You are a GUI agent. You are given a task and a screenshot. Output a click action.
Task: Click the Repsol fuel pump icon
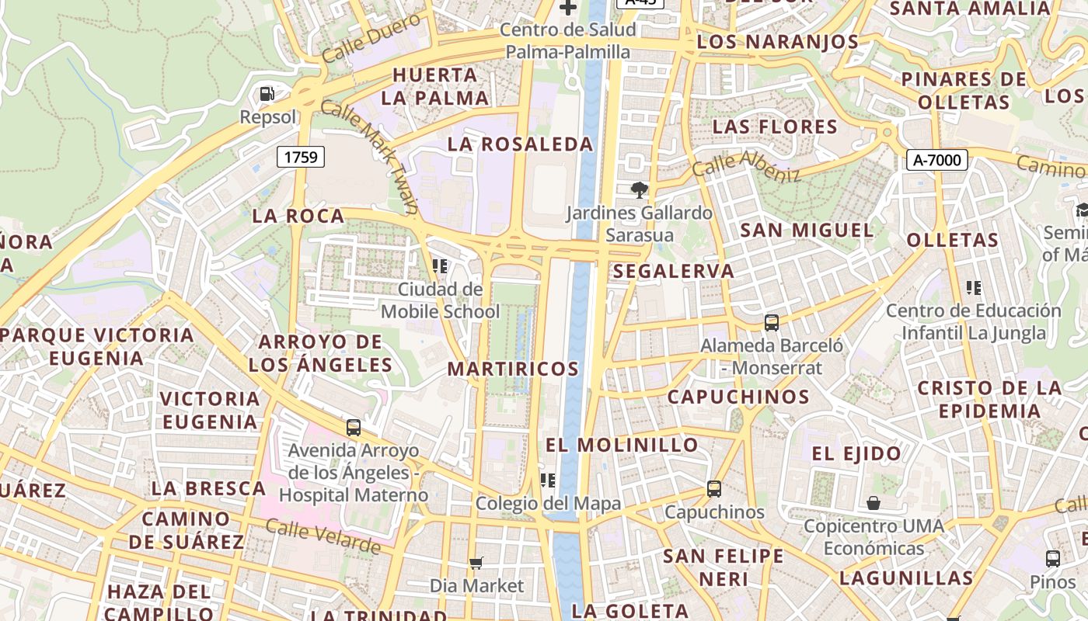267,94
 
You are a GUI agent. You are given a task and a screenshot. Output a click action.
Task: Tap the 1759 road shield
301,158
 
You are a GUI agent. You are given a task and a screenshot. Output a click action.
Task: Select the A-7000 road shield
937,161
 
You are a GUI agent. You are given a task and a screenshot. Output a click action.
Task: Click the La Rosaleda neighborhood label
521,144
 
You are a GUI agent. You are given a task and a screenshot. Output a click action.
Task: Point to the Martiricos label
513,369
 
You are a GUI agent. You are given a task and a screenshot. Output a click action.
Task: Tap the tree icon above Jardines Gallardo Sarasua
639,189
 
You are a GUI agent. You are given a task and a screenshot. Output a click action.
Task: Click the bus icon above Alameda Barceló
771,322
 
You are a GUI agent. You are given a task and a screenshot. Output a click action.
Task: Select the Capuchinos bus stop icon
714,489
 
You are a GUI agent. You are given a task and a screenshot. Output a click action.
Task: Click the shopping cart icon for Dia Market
476,562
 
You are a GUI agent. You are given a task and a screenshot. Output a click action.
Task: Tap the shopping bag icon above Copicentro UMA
874,503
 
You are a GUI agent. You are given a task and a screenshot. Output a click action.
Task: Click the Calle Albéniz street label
746,166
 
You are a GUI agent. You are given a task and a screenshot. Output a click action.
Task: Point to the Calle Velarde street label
323,537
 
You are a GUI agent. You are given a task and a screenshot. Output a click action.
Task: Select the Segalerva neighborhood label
673,271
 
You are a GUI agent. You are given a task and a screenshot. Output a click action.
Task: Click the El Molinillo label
622,445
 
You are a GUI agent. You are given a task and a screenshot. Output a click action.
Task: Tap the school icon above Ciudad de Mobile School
440,266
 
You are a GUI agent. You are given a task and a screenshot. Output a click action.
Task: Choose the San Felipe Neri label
723,567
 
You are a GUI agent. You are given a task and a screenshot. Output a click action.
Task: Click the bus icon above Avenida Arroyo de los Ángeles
354,427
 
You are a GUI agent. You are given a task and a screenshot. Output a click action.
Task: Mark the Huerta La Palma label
435,86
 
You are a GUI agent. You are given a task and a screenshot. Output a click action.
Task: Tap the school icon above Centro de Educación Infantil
974,288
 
